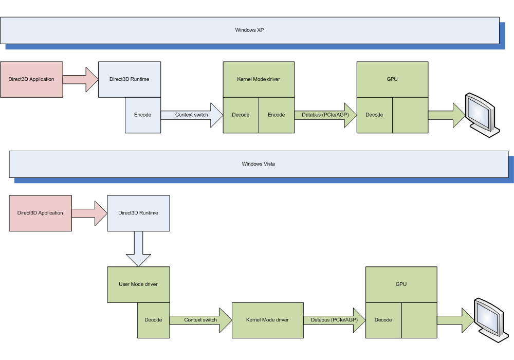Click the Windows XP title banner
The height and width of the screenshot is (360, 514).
250,30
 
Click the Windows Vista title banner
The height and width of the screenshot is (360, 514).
259,164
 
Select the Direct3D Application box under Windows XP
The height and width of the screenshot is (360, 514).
31,79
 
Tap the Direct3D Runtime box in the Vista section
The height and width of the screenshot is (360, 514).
138,213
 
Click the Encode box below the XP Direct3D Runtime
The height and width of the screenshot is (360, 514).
143,115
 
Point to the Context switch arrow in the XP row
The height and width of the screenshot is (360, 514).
192,115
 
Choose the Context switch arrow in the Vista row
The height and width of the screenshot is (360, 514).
200,320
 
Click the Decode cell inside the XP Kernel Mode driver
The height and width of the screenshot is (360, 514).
241,115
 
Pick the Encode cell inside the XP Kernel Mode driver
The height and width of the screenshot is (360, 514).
277,115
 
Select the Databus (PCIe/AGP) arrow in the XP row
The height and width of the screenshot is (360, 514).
325,115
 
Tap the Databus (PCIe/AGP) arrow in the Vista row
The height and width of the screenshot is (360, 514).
335,320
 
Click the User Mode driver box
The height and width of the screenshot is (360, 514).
138,284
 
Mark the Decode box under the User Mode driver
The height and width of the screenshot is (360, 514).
153,320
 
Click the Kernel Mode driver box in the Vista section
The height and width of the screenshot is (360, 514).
267,320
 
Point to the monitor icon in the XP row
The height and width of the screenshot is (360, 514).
482,115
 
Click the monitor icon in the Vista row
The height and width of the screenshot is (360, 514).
491,320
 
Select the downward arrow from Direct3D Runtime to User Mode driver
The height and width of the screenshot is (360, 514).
138,249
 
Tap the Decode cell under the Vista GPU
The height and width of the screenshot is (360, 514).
383,320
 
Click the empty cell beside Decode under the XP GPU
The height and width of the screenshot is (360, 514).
410,115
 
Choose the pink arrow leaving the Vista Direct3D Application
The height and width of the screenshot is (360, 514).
89,213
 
